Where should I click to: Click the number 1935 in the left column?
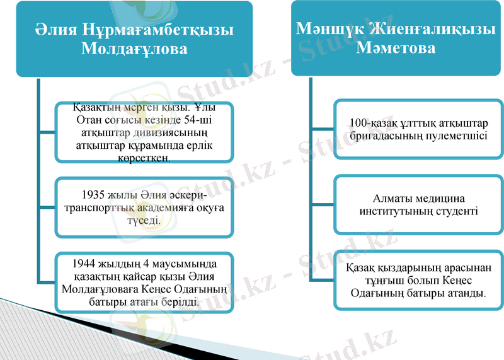click(94, 194)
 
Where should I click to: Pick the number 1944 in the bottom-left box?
click(84, 263)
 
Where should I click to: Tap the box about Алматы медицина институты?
click(418, 204)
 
